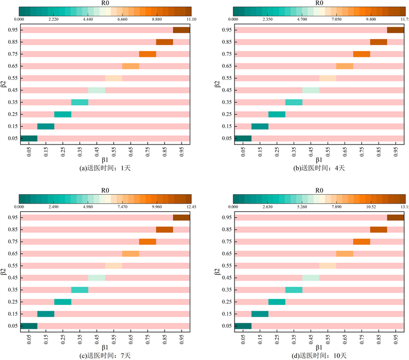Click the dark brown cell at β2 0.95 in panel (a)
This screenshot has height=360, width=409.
pos(181,30)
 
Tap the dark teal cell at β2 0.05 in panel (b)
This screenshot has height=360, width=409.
pos(242,138)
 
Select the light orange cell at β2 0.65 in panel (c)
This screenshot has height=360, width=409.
pos(131,253)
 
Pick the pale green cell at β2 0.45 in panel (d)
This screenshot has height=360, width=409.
pos(310,277)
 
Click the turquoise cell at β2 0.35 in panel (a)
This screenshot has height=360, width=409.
pos(79,102)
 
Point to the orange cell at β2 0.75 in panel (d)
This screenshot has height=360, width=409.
pos(361,241)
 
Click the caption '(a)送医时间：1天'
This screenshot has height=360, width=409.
pos(104,167)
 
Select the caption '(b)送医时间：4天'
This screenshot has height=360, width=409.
pos(318,167)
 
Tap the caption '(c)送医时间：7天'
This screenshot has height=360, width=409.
pos(104,356)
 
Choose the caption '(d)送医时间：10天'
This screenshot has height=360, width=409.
pos(318,356)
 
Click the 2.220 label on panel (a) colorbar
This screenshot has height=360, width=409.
pos(53,19)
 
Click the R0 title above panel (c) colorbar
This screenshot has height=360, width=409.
pos(104,190)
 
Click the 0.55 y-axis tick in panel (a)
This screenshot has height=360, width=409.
pos(12,78)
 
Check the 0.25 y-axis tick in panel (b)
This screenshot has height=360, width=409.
pos(226,114)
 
